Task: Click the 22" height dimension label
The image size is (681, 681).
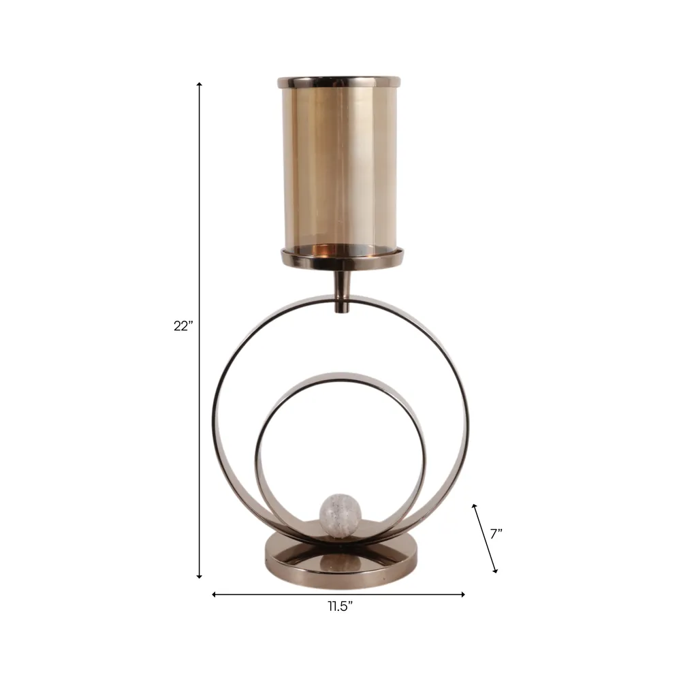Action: pos(183,326)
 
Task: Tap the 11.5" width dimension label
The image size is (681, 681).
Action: pos(340,606)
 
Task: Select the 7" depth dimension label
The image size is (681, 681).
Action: pos(496,534)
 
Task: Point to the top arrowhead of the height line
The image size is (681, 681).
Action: pos(200,84)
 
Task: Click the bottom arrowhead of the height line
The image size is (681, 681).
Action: pos(200,576)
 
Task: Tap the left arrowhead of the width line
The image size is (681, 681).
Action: pos(214,594)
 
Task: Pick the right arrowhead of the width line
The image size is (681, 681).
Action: pos(462,594)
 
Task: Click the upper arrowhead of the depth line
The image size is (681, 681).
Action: pos(474,507)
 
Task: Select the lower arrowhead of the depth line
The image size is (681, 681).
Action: pos(494,570)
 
